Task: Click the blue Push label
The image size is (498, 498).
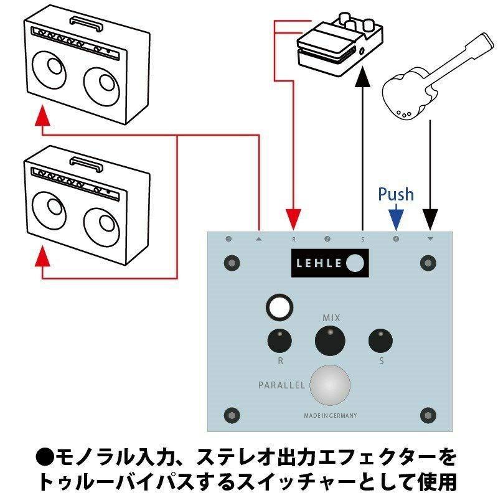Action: tap(396, 194)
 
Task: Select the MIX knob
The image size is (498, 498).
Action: tap(329, 341)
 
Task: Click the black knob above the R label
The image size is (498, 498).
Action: tap(280, 341)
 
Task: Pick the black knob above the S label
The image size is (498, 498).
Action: tap(380, 341)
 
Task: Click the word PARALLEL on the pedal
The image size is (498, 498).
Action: tap(281, 385)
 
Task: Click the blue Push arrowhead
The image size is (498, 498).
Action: tap(396, 219)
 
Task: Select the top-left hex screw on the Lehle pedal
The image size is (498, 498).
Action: tap(232, 263)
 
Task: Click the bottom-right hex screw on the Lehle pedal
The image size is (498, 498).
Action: tap(428, 415)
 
